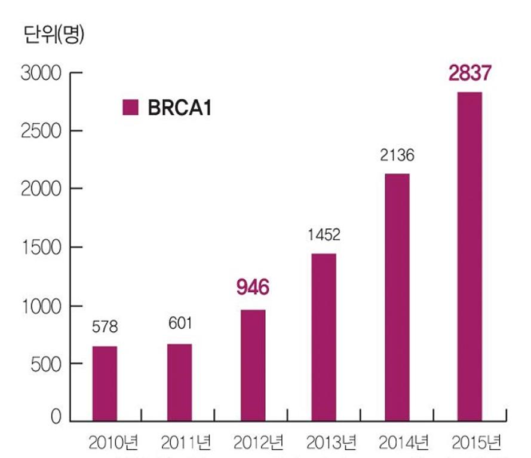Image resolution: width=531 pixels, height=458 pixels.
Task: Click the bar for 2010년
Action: pyautogui.click(x=105, y=383)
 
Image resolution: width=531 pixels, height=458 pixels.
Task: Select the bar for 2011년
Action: pyautogui.click(x=179, y=382)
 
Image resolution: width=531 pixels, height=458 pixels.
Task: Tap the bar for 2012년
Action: pyautogui.click(x=253, y=365)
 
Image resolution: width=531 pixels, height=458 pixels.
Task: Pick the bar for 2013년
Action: pyautogui.click(x=324, y=337)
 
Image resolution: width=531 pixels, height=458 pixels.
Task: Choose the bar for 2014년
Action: pyautogui.click(x=397, y=297)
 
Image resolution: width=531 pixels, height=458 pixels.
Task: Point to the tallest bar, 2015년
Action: pyautogui.click(x=469, y=257)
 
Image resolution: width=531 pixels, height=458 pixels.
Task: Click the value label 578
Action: pyautogui.click(x=105, y=327)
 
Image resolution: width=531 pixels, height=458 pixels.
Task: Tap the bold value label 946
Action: pyautogui.click(x=253, y=288)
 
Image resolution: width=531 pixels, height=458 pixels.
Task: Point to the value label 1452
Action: pyautogui.click(x=324, y=234)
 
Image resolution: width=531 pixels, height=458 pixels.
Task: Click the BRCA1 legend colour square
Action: pyautogui.click(x=130, y=108)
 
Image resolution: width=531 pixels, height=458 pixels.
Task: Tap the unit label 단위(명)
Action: pyautogui.click(x=54, y=35)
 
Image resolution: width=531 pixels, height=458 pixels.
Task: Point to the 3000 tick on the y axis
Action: pyautogui.click(x=41, y=74)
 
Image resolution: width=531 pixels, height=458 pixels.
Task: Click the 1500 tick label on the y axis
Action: pyautogui.click(x=41, y=248)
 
